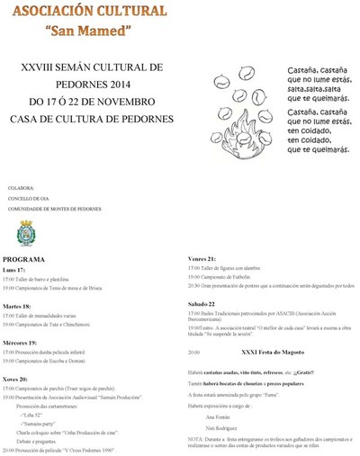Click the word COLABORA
20,189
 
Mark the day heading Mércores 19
21,343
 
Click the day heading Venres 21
202,259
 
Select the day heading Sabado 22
202,305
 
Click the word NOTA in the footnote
195,440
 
